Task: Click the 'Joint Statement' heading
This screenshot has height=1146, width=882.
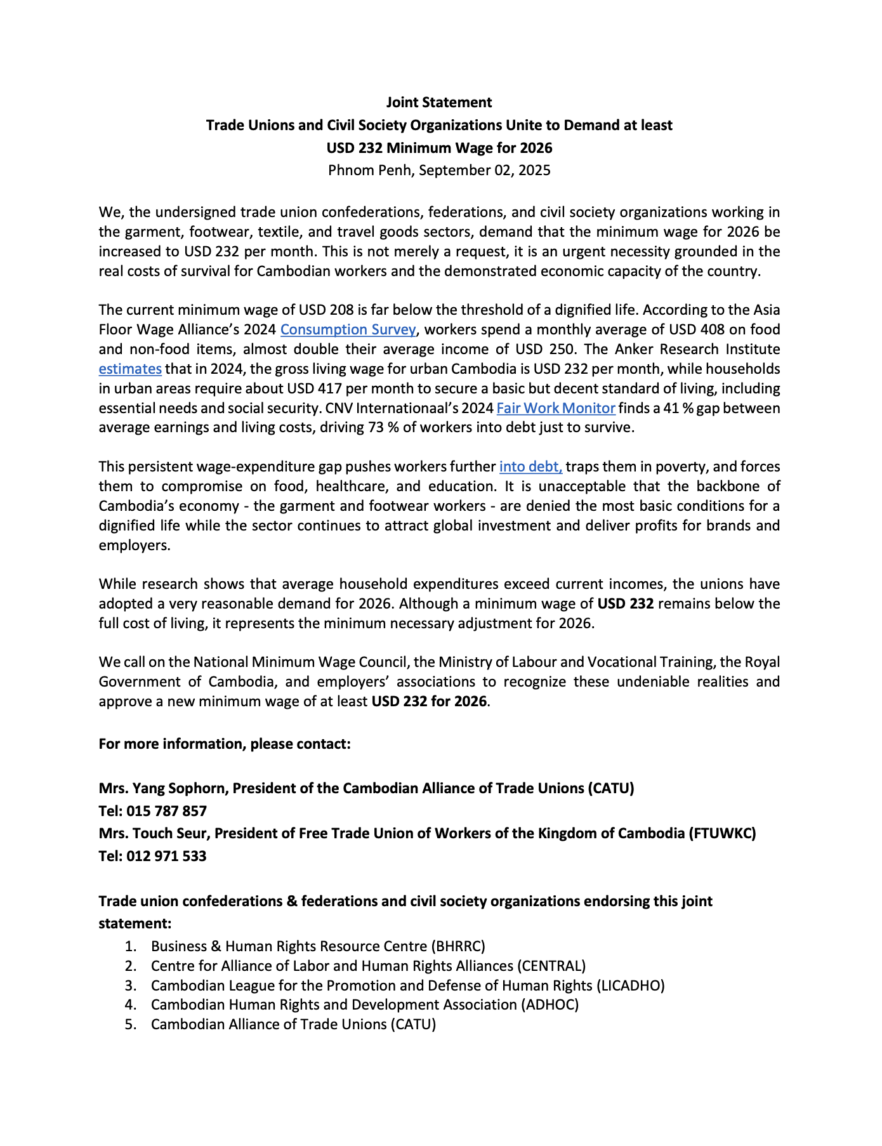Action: click(x=439, y=102)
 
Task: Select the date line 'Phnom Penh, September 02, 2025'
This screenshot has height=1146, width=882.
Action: click(x=439, y=170)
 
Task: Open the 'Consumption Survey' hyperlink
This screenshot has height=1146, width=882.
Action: click(x=348, y=329)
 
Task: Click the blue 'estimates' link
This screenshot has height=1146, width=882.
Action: click(x=130, y=369)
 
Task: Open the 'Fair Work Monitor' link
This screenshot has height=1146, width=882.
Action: click(x=556, y=408)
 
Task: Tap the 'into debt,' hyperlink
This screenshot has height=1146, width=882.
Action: click(x=530, y=466)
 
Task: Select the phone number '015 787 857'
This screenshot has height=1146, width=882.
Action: click(x=166, y=811)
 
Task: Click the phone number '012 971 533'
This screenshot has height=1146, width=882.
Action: click(x=166, y=856)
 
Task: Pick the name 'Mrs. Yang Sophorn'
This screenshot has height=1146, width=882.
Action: click(x=163, y=788)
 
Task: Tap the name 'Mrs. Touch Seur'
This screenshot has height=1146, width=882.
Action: click(x=154, y=833)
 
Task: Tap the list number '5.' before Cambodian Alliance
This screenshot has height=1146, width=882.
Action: click(x=131, y=1024)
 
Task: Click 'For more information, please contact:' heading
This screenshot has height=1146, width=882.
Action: click(x=225, y=744)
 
